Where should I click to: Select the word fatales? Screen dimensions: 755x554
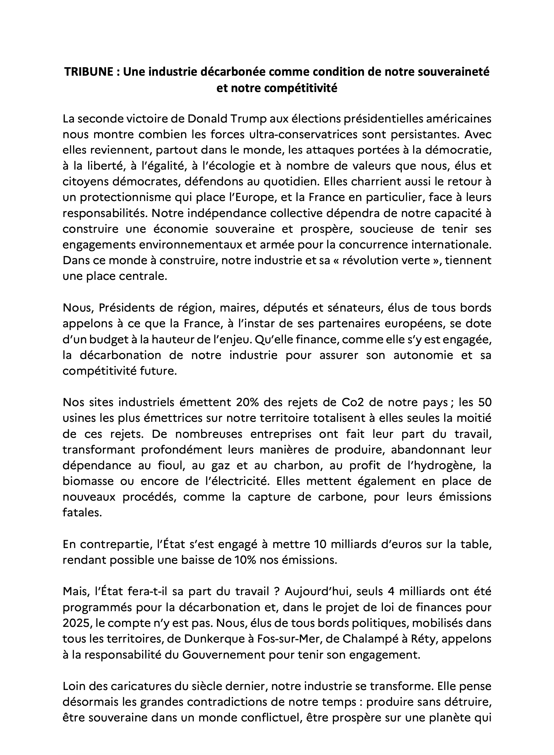click(x=82, y=513)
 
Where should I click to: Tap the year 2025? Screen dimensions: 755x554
click(x=77, y=623)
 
